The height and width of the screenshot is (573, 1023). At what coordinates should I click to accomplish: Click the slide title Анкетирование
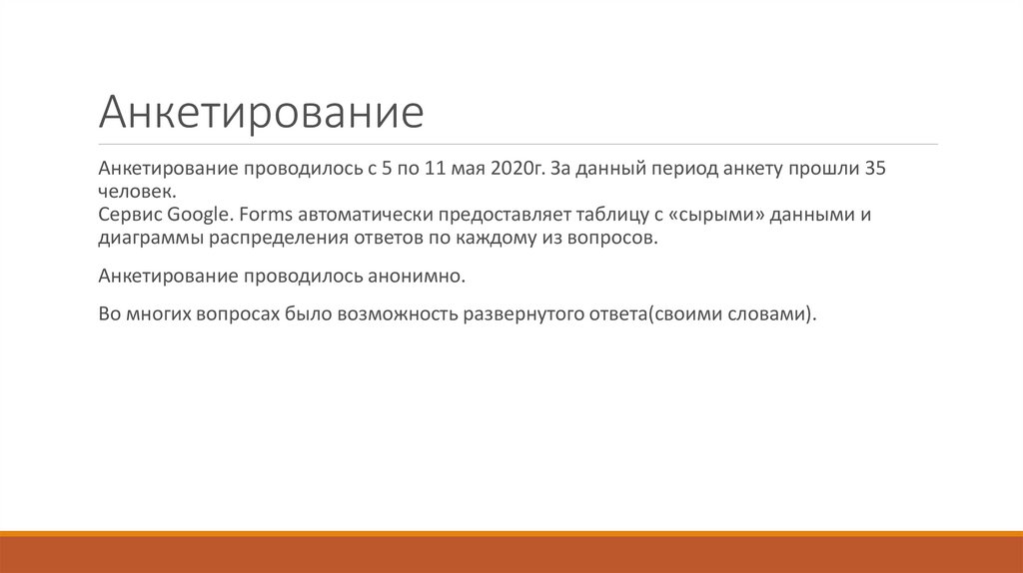click(261, 112)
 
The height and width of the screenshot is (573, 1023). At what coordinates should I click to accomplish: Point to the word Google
click(198, 216)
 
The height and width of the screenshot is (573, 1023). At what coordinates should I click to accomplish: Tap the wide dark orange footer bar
click(511, 555)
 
